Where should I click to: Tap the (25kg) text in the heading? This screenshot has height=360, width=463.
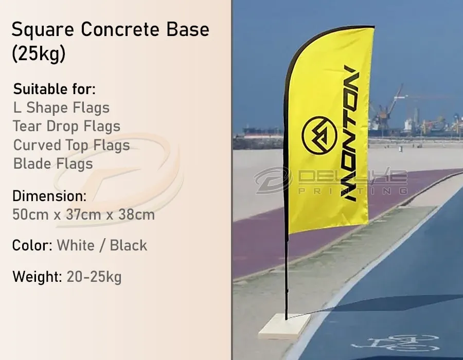[39, 54]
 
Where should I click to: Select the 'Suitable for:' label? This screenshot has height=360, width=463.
[55, 89]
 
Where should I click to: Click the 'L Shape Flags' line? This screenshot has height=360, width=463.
[61, 108]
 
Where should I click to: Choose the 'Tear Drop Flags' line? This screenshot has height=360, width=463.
[67, 127]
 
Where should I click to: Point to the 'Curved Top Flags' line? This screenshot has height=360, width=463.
[72, 145]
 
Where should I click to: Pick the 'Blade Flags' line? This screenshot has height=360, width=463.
[53, 164]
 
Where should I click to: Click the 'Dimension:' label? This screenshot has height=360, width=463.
[49, 196]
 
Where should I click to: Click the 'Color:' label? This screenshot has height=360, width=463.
[32, 245]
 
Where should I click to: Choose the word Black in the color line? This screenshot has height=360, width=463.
[129, 245]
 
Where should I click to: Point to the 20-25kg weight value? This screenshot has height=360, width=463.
[94, 277]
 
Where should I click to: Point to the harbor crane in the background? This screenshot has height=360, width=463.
[383, 111]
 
